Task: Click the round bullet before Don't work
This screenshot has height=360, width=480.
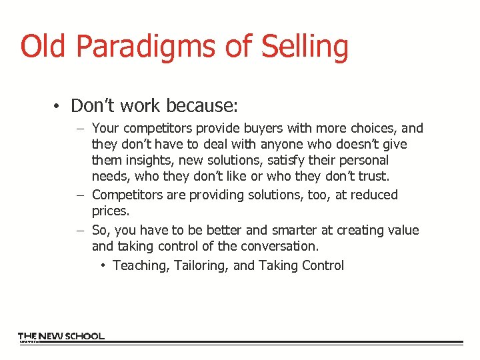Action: pos(59,107)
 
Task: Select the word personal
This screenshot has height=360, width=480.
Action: pos(364,161)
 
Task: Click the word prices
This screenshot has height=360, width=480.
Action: pos(110,211)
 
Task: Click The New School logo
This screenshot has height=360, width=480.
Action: pos(61,337)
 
